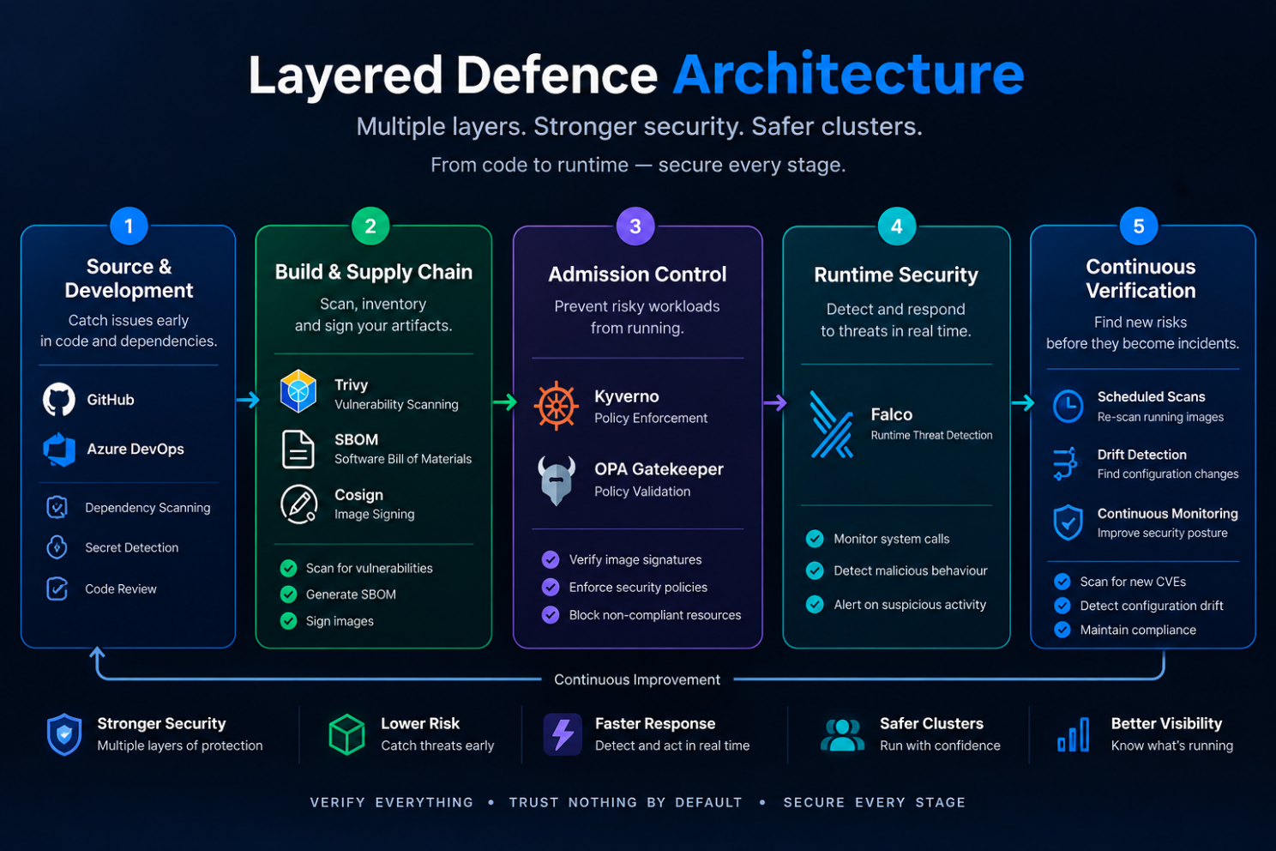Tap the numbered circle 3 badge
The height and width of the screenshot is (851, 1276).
coord(635,226)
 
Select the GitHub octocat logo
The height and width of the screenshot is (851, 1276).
coord(58,399)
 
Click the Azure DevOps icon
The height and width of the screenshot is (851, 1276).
coord(59,450)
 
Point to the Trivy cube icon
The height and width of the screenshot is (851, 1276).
coord(298,391)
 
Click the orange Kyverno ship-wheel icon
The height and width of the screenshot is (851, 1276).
coord(556,406)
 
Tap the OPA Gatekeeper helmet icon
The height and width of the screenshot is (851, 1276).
coord(556,480)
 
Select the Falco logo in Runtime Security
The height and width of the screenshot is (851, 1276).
coord(831,425)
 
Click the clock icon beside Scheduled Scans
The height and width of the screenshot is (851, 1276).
coord(1068,406)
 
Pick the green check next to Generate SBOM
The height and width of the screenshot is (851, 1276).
coord(289,594)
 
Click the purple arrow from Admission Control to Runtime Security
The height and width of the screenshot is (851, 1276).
coord(775,403)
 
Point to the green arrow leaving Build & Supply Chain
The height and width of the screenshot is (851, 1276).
coord(505,402)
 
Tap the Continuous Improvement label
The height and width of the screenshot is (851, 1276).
coord(637,679)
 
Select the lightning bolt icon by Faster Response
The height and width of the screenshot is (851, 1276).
coord(563,734)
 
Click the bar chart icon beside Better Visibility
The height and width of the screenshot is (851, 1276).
coord(1074,734)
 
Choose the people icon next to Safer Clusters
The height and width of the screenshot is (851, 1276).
coord(842,734)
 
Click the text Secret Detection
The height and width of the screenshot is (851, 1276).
coord(131,547)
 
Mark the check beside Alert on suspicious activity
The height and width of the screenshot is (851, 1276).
coord(815,604)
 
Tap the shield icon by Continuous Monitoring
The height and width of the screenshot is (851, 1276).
coord(1068,522)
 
